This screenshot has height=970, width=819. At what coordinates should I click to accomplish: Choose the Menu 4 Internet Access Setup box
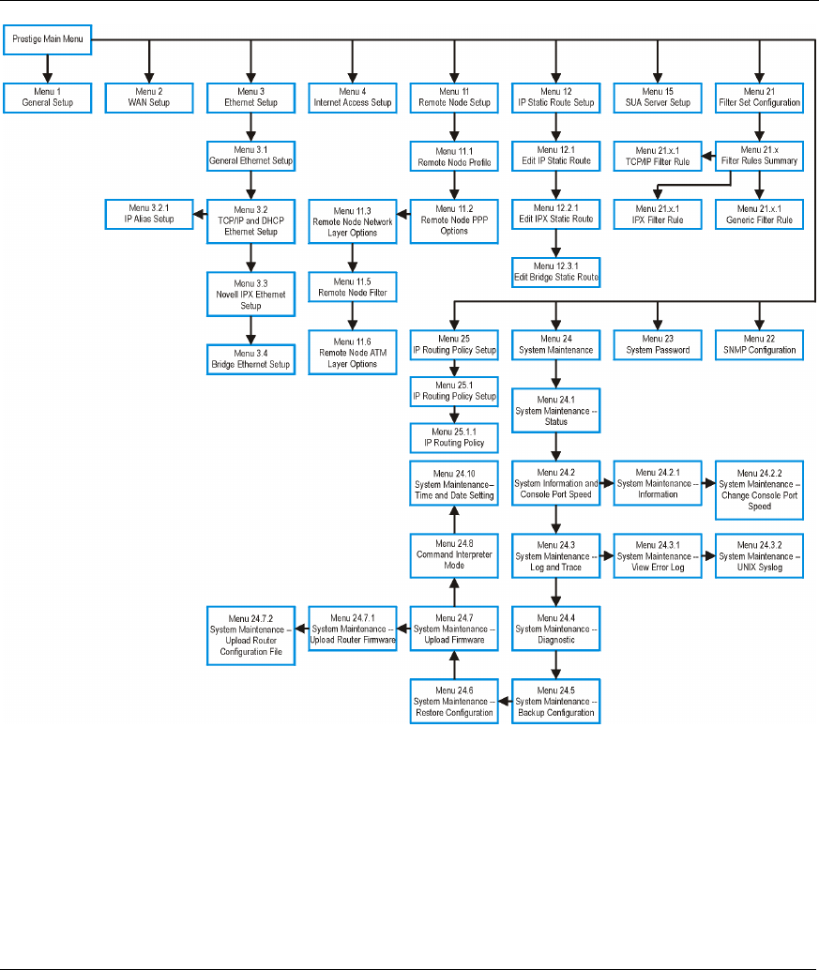352,97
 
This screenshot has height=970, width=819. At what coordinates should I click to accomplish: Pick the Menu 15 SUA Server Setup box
657,97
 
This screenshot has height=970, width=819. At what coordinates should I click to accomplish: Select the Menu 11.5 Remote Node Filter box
352,285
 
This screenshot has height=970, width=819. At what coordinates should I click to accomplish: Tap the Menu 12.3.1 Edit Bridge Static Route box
555,271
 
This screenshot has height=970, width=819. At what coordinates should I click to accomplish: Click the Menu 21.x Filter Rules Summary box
758,155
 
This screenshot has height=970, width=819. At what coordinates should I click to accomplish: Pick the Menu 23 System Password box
657,343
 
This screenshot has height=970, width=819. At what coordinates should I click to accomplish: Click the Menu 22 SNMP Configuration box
758,343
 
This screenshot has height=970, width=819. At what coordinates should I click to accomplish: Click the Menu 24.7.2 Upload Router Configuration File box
250,636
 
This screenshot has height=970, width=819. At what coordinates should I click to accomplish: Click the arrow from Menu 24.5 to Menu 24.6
505,700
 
